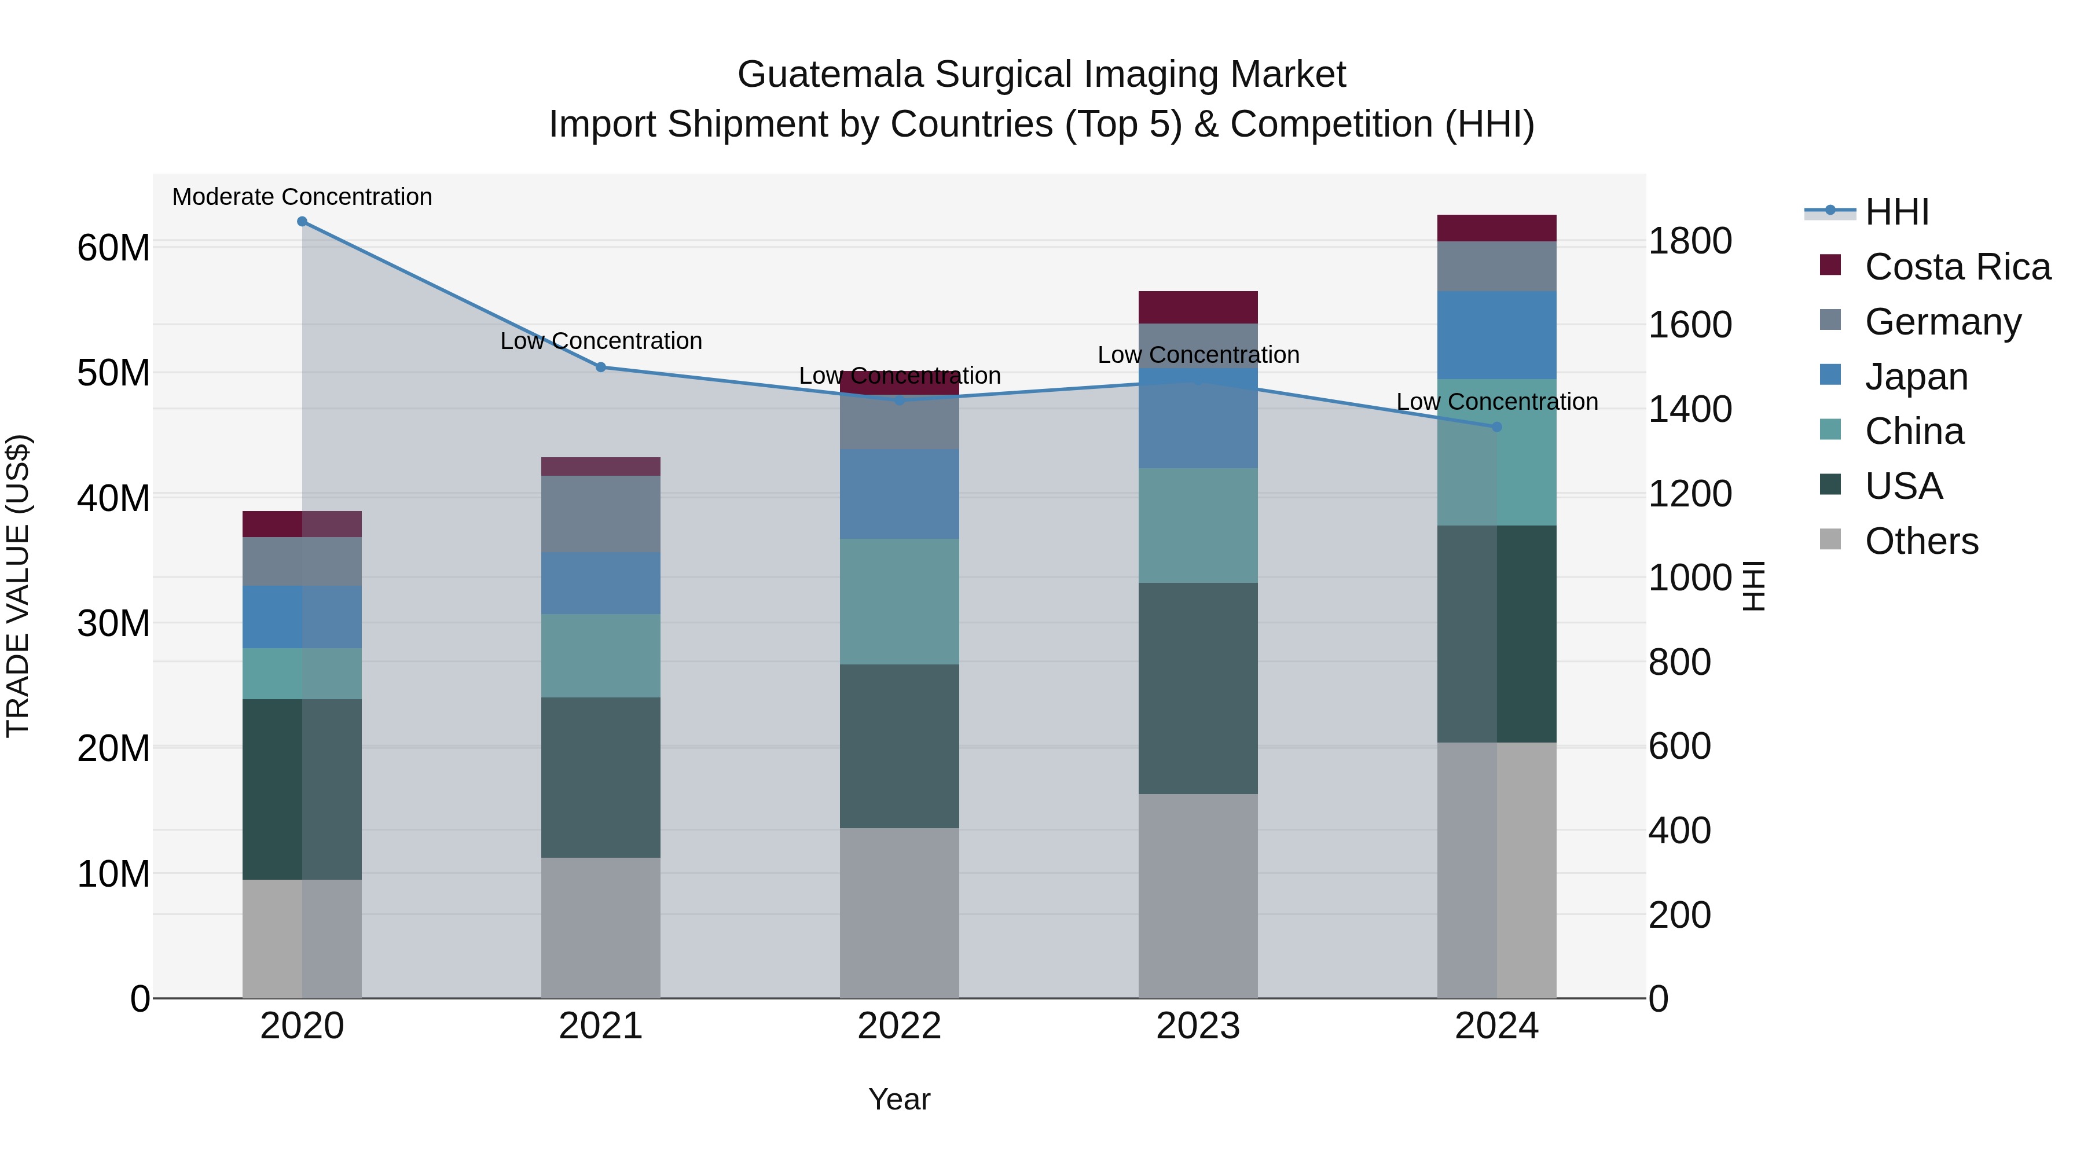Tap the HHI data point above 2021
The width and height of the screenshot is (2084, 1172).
click(600, 367)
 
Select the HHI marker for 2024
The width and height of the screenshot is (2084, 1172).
click(1496, 427)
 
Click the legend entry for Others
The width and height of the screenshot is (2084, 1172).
click(1921, 541)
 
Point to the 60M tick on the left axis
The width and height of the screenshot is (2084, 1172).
click(113, 248)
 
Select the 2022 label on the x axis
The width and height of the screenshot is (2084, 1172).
click(899, 1026)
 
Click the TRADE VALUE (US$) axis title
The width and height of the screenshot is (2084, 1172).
click(18, 586)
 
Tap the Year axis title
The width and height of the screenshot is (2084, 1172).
click(899, 1099)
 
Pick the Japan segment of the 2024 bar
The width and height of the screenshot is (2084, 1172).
click(1496, 335)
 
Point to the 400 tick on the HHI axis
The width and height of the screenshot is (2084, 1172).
click(1681, 831)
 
